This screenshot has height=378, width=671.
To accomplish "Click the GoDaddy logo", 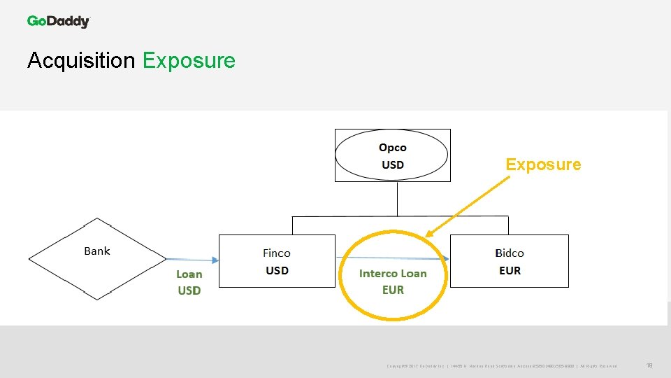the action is tap(59, 21).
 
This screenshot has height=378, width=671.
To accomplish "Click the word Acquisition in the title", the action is tap(81, 61).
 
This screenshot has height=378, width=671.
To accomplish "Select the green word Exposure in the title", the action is tap(189, 61).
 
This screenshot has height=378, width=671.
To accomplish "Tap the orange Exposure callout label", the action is tap(543, 164).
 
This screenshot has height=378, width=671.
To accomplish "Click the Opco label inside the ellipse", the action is tap(392, 148).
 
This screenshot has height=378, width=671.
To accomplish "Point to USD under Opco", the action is tap(392, 165).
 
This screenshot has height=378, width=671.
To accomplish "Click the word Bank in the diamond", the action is tap(97, 251).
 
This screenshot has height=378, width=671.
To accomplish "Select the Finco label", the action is tap(277, 253).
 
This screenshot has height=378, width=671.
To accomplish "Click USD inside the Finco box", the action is tap(277, 271).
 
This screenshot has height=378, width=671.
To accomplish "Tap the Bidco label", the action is tap(510, 253).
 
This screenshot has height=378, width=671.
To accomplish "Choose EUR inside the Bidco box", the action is tap(510, 271).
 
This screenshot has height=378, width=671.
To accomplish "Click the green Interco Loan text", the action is tap(393, 274).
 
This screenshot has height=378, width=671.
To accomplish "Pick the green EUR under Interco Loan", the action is tap(393, 290).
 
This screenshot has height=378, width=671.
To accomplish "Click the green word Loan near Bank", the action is tap(189, 274).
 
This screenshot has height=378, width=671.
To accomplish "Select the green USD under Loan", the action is tap(189, 290).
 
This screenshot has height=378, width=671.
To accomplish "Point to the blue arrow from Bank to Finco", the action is tap(192, 260).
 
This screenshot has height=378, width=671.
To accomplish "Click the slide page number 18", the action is tap(649, 365).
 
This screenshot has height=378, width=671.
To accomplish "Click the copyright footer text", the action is tap(501, 366).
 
